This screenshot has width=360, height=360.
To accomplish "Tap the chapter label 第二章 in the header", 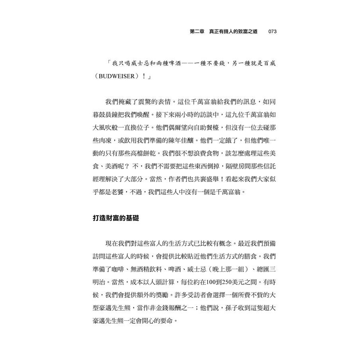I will click(198, 31).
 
